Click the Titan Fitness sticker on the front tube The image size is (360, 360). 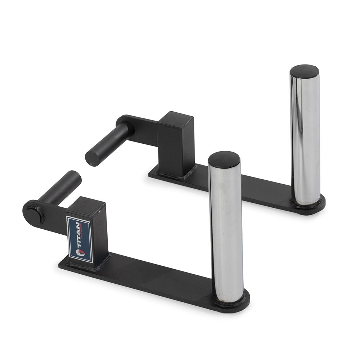pos(80,239)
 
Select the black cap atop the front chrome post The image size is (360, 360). pos(224,159)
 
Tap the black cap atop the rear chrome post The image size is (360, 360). pos(305,71)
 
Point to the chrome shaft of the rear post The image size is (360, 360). pos(305,140)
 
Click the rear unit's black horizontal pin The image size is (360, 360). pos(108,144)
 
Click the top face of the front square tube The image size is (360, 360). pos(87,205)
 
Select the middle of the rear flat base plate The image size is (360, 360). pos(245,189)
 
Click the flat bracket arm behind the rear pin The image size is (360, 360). pos(144,130)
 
